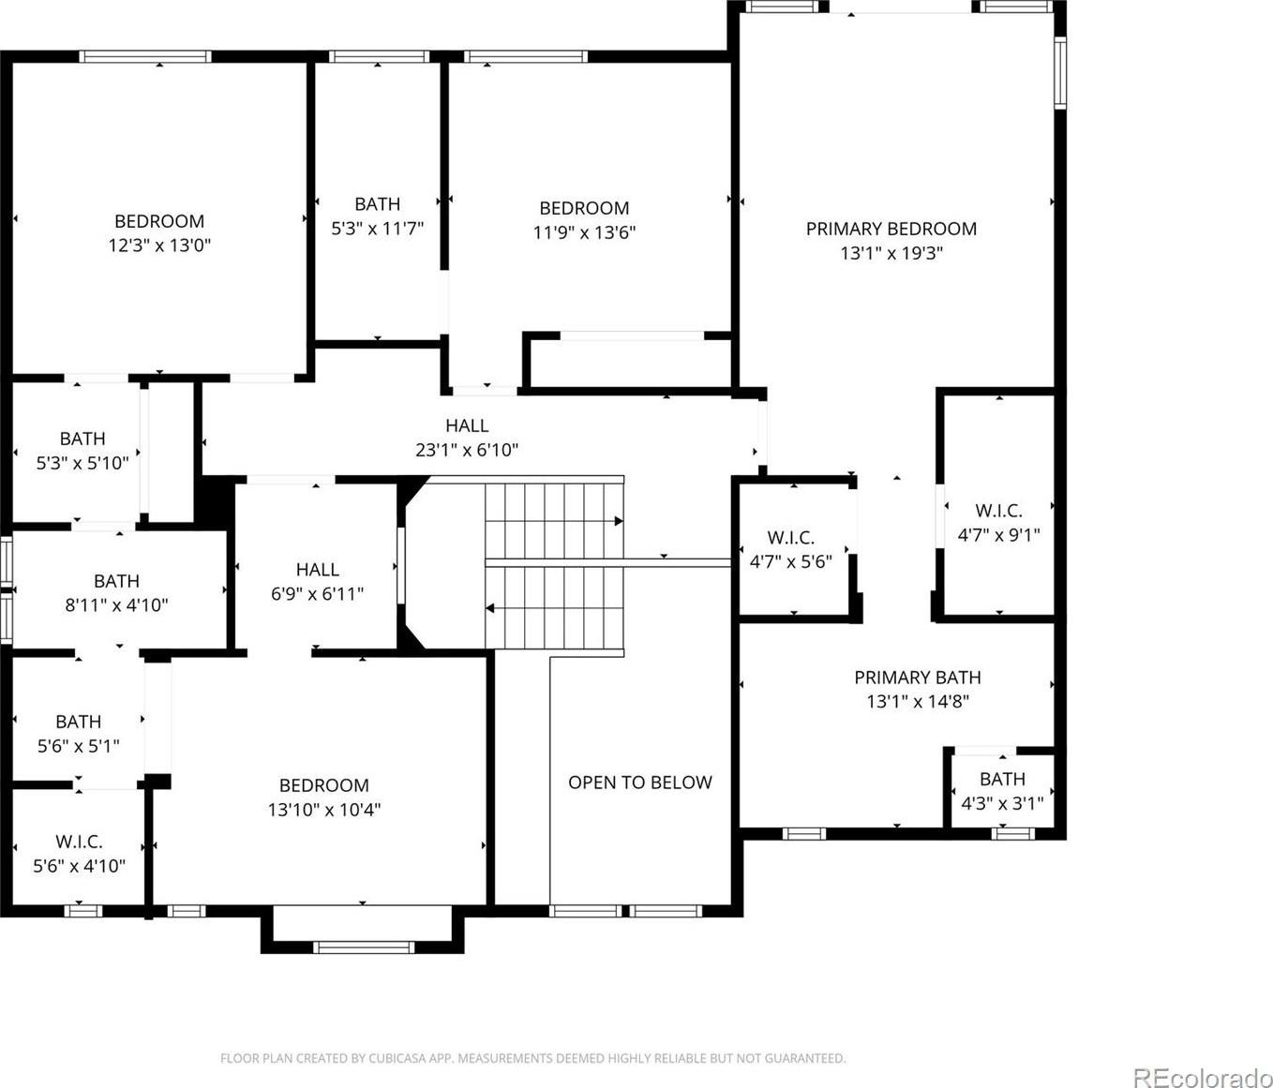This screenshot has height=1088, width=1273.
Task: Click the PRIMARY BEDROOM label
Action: pos(891,229)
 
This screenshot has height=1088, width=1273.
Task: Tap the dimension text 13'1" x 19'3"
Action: pos(891,253)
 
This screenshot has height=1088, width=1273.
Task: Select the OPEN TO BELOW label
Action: pos(640,782)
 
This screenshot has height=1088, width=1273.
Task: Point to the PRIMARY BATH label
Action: pos(918,678)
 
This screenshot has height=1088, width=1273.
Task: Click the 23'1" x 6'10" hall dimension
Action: pos(467,450)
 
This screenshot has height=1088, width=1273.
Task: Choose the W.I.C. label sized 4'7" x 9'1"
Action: pos(999,511)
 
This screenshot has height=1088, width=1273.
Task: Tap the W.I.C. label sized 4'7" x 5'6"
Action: pos(791,538)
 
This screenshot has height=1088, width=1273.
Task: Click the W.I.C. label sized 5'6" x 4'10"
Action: pos(79,842)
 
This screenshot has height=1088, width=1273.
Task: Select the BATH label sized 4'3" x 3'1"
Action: pos(1002,780)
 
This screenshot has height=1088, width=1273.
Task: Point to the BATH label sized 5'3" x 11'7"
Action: pos(378,203)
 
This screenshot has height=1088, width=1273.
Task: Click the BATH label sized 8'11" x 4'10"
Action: pos(116,581)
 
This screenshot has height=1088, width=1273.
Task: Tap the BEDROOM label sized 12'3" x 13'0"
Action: pos(159,221)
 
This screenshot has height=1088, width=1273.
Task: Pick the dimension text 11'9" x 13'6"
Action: pos(584,232)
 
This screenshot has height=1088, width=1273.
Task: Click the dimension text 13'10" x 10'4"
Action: pos(324,810)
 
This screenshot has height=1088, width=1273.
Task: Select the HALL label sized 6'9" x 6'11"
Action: pos(318,570)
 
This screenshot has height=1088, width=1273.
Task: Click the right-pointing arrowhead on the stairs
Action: pos(619,522)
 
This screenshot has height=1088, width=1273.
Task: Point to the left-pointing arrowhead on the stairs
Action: pos(490,608)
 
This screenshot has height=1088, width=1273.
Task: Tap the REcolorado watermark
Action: pos(1203,1060)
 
